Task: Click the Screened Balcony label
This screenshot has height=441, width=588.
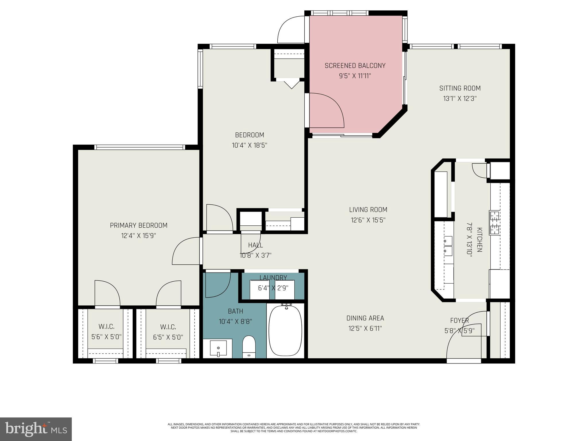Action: (355, 66)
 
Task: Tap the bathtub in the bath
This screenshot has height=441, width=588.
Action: (285, 330)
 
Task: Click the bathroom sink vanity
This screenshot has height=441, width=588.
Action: (218, 348)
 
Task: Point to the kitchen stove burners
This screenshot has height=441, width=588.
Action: (495, 223)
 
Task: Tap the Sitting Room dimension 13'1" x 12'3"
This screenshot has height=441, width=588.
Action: (460, 98)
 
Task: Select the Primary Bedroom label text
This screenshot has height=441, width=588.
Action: (138, 225)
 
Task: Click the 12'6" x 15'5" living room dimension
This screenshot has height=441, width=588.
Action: (368, 220)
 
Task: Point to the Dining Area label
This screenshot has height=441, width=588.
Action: (365, 318)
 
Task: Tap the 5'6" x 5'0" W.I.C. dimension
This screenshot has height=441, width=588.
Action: (107, 337)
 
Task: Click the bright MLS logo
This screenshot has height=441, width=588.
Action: (36, 429)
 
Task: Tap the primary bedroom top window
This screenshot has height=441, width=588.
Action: (140, 147)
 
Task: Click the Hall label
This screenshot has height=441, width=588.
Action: (255, 245)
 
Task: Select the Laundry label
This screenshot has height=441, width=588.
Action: (273, 278)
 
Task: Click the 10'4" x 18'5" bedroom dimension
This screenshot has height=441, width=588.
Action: (249, 145)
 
